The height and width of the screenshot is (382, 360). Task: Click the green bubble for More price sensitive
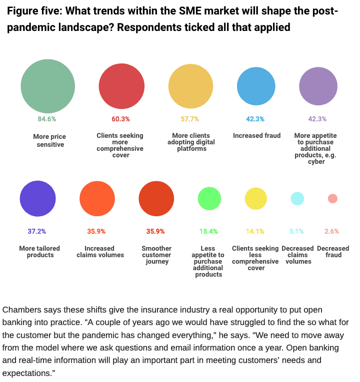[x=48, y=86]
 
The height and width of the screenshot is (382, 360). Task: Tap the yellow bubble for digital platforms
[x=190, y=86]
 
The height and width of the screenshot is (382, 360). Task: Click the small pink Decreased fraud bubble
[x=332, y=199]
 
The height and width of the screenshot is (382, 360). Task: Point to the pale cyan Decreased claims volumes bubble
[x=297, y=198]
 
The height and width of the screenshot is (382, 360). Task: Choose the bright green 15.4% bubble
[x=209, y=198]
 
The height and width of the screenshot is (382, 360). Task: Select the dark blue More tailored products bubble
[x=37, y=198]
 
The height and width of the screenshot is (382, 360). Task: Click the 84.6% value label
[x=47, y=119]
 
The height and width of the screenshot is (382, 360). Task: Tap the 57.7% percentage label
[x=190, y=119]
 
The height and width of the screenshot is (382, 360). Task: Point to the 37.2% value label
[x=36, y=231]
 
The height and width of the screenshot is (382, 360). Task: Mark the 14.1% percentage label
[x=255, y=231]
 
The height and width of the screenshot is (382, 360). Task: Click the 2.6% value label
[x=332, y=231]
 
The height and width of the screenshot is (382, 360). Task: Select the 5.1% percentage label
[x=297, y=231]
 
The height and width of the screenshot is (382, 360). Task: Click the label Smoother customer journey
[x=156, y=255]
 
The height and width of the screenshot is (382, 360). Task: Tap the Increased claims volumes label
[x=99, y=252]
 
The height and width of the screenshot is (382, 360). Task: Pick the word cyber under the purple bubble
[x=317, y=161]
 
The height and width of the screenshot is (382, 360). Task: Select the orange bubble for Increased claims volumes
[x=97, y=198]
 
